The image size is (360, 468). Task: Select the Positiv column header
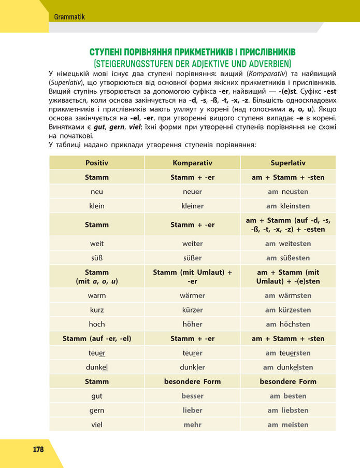pos(97,163)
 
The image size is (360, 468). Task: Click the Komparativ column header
pos(192,163)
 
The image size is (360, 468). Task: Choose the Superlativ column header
pos(288,163)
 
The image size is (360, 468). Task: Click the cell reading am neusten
pos(288,192)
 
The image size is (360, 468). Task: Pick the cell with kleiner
pos(192,206)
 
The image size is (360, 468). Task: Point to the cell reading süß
pos(97,258)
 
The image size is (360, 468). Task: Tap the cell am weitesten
pos(288,244)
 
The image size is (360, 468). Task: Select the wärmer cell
pos(192,295)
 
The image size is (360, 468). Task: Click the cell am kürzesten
pos(288,310)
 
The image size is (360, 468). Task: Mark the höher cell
pos(192,324)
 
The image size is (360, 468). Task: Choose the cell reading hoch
pos(97,324)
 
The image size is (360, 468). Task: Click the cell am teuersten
pos(288,353)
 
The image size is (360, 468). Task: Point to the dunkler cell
pos(192,367)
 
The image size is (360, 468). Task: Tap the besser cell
pos(192,396)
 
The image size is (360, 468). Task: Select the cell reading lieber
pos(192,410)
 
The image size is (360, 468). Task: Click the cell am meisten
pos(288,425)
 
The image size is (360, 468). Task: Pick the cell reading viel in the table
pos(97,425)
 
